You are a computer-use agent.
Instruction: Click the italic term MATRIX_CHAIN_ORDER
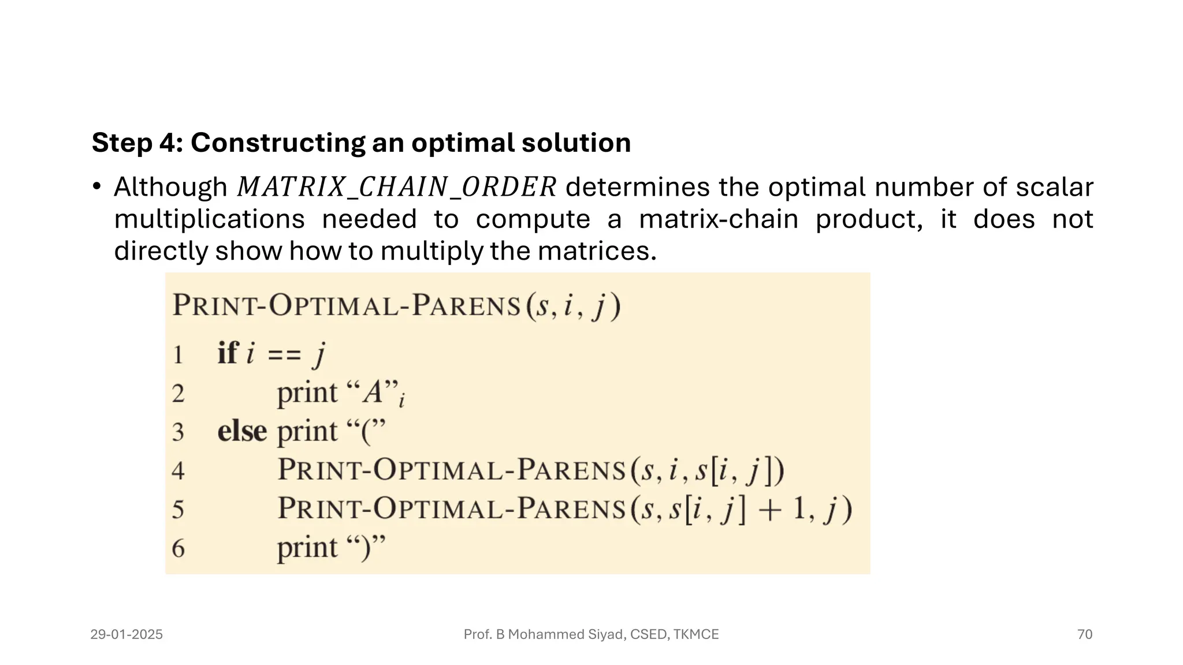pyautogui.click(x=396, y=187)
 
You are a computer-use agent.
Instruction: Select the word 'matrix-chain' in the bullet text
pyautogui.click(x=719, y=219)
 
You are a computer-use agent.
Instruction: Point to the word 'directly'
pyautogui.click(x=161, y=251)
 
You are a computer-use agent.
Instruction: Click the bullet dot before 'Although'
pyautogui.click(x=97, y=186)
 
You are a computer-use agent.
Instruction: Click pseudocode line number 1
pyautogui.click(x=178, y=354)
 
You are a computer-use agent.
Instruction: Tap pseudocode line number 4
pyautogui.click(x=178, y=470)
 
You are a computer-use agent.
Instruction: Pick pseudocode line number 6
pyautogui.click(x=178, y=548)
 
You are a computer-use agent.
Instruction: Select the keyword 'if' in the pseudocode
pyautogui.click(x=227, y=353)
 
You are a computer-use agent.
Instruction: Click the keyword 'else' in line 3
pyautogui.click(x=242, y=431)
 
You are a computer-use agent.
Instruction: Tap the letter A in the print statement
pyautogui.click(x=373, y=393)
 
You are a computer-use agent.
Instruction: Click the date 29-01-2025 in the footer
pyautogui.click(x=127, y=634)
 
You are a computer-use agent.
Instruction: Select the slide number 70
pyautogui.click(x=1084, y=634)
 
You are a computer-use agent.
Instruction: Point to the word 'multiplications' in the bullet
pyautogui.click(x=209, y=219)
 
